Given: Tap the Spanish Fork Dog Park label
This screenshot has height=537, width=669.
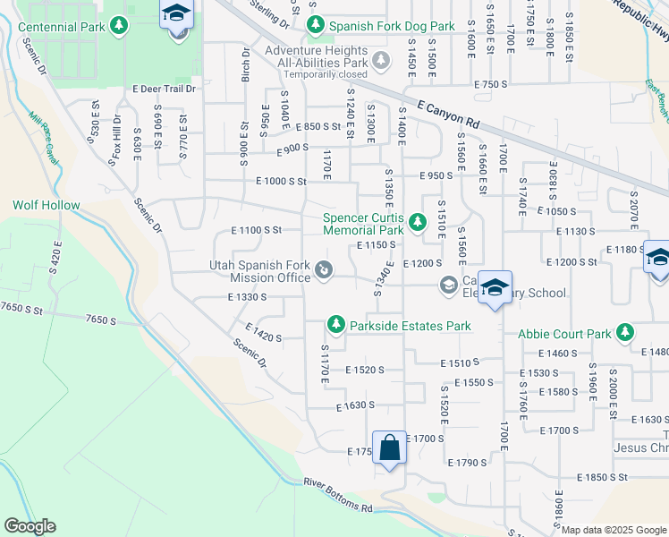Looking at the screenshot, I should click(x=392, y=27).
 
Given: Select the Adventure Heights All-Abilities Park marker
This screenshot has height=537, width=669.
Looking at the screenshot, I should click(x=382, y=62).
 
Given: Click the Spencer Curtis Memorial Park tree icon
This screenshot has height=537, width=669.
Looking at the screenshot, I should click(x=416, y=221).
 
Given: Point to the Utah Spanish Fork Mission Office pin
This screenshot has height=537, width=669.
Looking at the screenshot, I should click(x=324, y=268).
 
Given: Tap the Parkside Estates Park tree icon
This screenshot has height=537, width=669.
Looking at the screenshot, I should click(x=335, y=323).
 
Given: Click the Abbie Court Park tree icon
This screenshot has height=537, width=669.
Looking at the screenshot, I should click(x=625, y=334).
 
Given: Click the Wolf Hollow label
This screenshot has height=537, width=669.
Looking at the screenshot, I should click(x=47, y=205).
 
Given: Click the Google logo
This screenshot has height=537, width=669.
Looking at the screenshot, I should click(x=30, y=526).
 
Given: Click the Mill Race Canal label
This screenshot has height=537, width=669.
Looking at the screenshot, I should click(x=42, y=132).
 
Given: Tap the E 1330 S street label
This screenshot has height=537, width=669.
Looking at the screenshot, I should click(x=248, y=297).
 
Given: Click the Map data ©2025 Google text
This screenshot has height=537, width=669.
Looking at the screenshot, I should click(x=614, y=530).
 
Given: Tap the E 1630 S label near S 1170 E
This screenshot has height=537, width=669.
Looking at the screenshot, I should click(x=355, y=406).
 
